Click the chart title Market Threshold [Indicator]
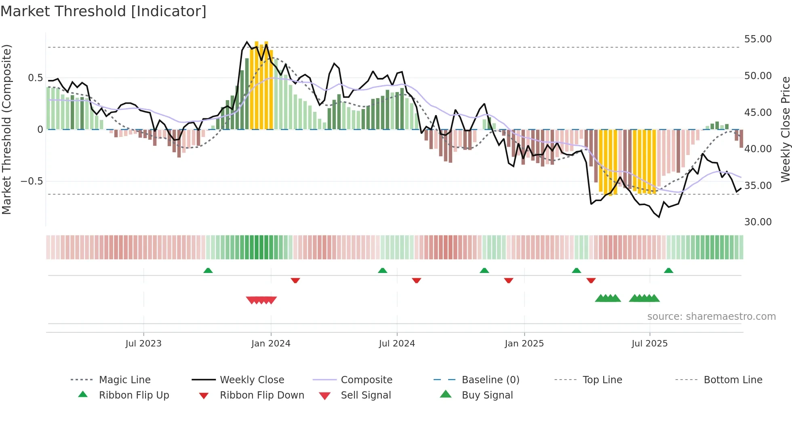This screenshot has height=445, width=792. (103, 11)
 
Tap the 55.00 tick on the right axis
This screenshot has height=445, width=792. (758, 39)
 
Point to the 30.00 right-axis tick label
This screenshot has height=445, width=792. (758, 222)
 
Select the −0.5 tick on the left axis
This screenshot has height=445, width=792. (32, 181)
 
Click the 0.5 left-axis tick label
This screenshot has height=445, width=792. (35, 78)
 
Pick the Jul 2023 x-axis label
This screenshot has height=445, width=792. (143, 343)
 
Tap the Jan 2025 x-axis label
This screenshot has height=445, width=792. (524, 343)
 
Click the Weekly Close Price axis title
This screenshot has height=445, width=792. (785, 129)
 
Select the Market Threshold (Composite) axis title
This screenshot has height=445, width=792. (6, 129)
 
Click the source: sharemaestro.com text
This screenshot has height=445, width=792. (711, 316)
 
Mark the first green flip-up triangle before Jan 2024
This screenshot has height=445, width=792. (208, 271)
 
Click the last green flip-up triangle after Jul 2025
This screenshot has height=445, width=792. (668, 271)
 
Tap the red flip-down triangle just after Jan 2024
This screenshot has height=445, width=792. (295, 280)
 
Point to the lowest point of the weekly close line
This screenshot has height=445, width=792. (659, 217)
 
